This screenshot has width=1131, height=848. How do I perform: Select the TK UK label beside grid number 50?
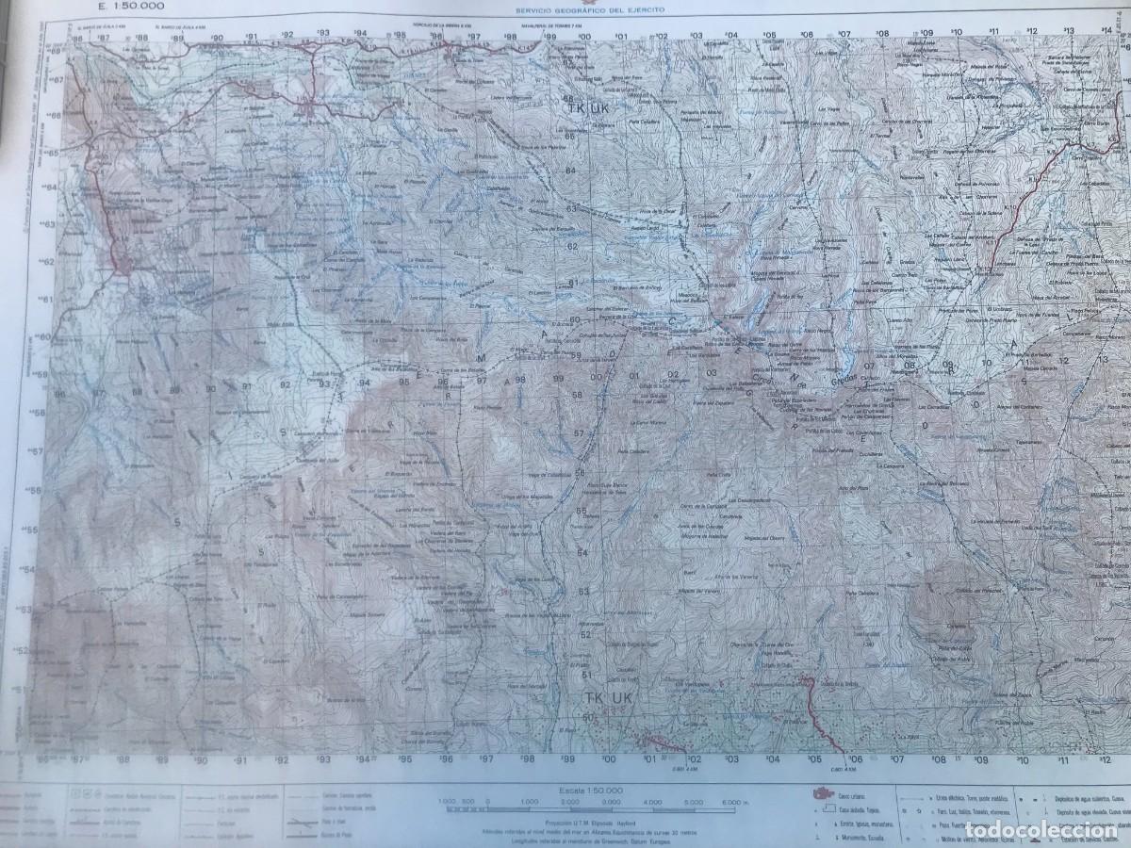(x=604, y=698)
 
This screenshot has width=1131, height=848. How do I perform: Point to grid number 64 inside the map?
(x=570, y=171)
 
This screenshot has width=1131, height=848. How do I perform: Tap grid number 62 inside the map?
(x=572, y=247)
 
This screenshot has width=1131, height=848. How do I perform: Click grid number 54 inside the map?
(x=582, y=552)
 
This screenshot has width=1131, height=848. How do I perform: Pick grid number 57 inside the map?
(x=579, y=433)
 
